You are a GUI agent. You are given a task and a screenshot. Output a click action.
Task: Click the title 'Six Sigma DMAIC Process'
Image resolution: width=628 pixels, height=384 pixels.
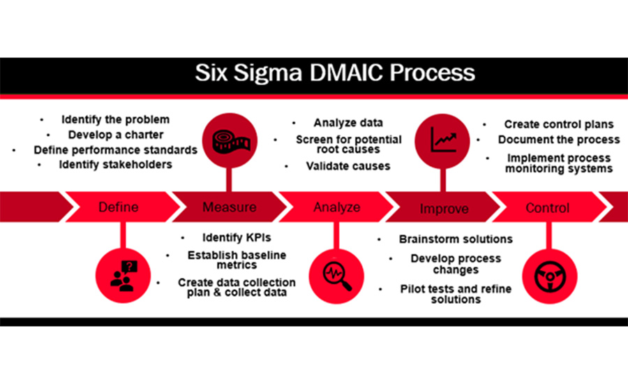(313, 73)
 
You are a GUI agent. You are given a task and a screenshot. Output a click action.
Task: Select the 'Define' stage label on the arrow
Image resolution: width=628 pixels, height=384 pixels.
(118, 207)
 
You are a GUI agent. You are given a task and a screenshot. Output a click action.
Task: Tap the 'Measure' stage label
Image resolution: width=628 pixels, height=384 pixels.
(229, 207)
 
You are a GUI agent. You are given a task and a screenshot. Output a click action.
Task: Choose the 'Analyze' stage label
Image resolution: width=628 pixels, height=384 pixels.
(337, 207)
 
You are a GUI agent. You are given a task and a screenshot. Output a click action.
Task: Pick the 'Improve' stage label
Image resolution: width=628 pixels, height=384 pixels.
(444, 208)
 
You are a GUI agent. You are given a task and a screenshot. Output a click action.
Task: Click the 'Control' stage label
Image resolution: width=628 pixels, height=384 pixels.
(547, 207)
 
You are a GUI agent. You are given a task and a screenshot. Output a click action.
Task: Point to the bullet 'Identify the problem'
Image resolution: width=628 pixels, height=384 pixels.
(115, 119)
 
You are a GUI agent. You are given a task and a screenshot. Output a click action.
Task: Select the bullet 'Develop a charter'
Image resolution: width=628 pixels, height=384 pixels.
(115, 134)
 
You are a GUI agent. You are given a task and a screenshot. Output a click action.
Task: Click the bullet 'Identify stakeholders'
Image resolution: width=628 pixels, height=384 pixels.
(116, 165)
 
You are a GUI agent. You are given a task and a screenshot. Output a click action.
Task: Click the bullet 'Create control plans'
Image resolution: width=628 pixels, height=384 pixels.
(559, 124)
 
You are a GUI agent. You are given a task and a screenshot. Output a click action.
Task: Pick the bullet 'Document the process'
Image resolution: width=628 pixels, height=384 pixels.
(559, 140)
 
